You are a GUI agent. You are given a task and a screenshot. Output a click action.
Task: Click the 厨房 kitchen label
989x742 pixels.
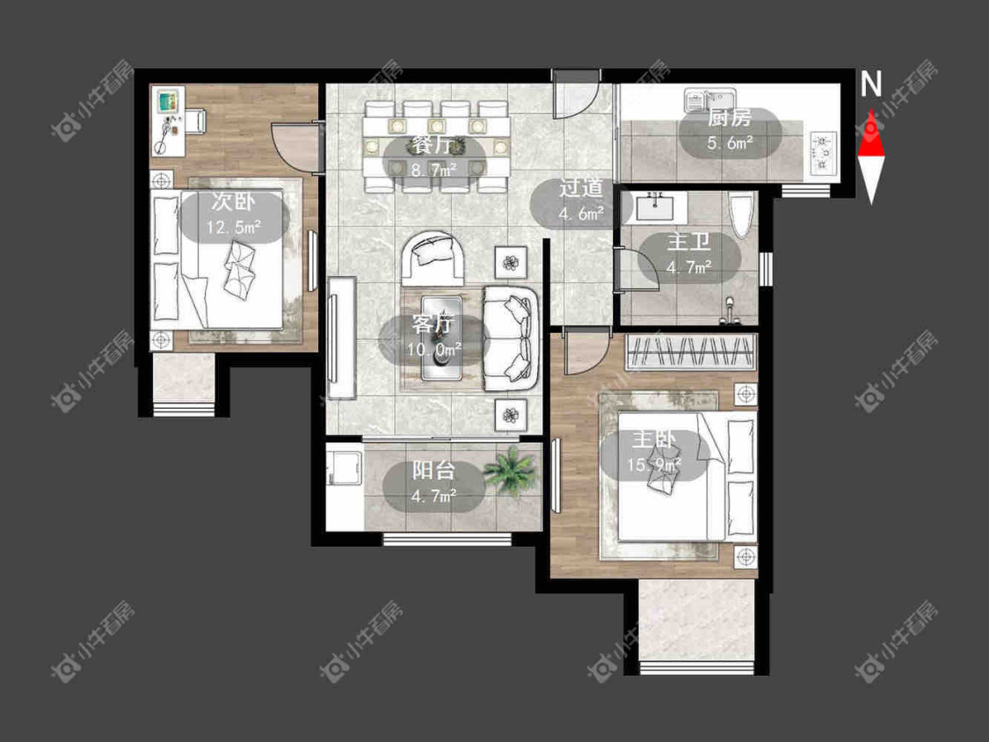[x=729, y=119]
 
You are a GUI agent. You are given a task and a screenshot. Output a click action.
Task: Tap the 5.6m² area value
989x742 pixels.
[x=730, y=143]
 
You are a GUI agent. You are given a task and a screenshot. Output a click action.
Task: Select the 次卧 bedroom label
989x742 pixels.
[x=233, y=202]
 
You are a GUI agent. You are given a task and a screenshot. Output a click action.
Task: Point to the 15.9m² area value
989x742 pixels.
[x=654, y=465]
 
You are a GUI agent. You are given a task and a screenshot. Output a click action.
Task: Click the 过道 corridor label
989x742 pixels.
[x=580, y=189]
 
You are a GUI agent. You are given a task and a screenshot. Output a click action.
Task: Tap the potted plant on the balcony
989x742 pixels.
[x=511, y=471]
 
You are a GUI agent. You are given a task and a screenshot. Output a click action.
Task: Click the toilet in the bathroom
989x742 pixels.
[x=742, y=215]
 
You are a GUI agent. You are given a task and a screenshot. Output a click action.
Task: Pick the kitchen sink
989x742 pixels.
[x=711, y=101]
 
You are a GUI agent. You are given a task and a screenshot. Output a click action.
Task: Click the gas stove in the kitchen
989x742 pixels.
[x=823, y=152]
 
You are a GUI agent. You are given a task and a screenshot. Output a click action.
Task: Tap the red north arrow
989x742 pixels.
[x=871, y=134]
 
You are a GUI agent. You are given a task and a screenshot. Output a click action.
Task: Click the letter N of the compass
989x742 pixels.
[x=871, y=84]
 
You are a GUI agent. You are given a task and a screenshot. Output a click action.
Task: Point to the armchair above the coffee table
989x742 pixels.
[x=433, y=258]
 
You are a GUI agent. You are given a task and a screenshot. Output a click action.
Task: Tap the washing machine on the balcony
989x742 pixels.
[x=345, y=466]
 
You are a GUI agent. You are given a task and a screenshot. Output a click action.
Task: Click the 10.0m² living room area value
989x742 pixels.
[x=434, y=349]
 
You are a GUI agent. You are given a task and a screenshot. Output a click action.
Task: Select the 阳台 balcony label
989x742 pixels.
[x=434, y=470]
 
